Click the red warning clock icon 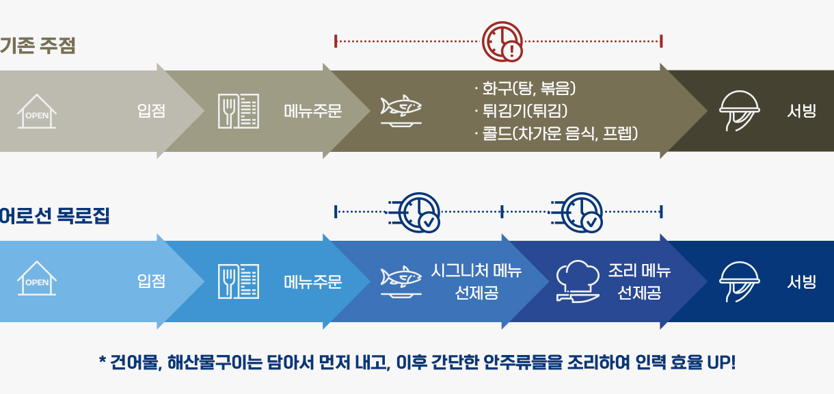(502, 41)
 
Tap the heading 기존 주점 (38, 46)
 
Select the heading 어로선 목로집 (55, 216)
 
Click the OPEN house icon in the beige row (37, 111)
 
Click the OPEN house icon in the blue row (37, 278)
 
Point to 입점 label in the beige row (151, 111)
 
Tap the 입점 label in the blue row (151, 280)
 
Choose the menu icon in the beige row (239, 111)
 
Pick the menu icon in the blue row (239, 281)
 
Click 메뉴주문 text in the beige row (313, 111)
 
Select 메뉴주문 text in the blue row (313, 282)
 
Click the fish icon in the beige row (401, 111)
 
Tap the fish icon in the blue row (401, 281)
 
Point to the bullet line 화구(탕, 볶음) (525, 88)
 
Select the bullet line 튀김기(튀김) (521, 111)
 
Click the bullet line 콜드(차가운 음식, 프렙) (556, 133)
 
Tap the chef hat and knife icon (578, 282)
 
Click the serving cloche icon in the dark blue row (740, 282)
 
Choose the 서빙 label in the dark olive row (802, 111)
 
